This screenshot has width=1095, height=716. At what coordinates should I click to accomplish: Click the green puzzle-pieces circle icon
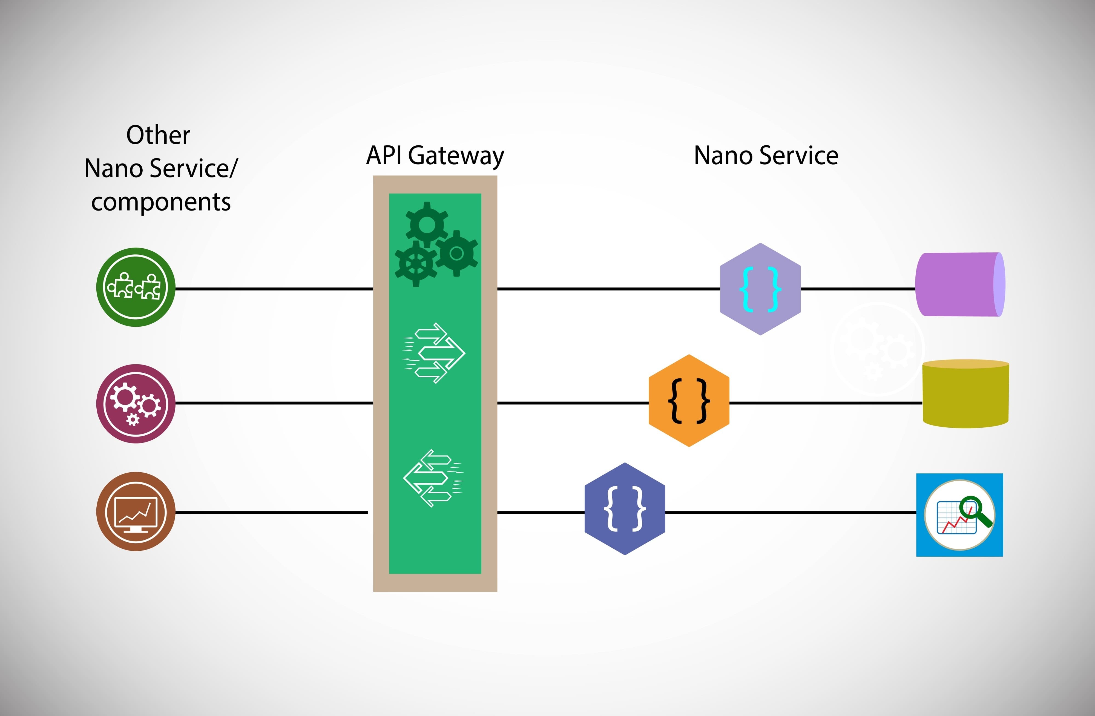click(136, 287)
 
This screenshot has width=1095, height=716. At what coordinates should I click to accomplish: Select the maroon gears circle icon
click(136, 404)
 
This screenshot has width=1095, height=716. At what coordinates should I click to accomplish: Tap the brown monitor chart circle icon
click(136, 511)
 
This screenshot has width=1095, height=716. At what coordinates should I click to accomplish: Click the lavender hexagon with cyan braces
click(760, 289)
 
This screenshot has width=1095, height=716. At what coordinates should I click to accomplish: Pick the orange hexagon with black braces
click(689, 400)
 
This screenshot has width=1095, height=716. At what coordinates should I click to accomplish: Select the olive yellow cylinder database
click(965, 394)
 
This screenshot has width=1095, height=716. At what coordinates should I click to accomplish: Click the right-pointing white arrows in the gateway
click(434, 353)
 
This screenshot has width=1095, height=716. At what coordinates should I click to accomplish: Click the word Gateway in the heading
click(455, 156)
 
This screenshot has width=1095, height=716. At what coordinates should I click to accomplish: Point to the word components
click(160, 202)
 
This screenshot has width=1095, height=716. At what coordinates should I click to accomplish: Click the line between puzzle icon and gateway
click(274, 289)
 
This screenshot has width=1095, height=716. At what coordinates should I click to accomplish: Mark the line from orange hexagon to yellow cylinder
click(826, 403)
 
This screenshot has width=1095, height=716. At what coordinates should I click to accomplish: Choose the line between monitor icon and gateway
click(271, 512)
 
